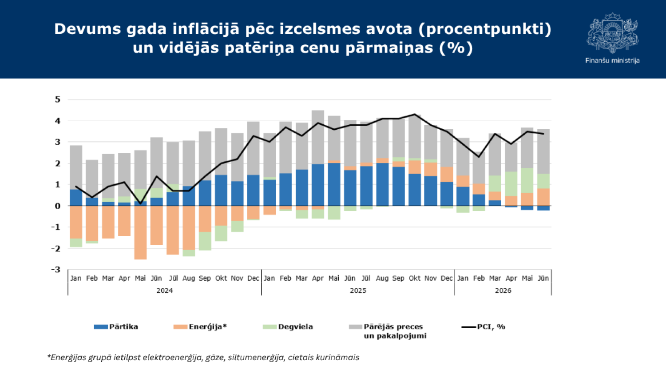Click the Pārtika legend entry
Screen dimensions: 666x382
point(116,326)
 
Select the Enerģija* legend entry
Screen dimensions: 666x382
point(200,326)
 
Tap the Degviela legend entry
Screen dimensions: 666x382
point(288,326)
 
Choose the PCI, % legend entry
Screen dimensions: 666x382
point(483,326)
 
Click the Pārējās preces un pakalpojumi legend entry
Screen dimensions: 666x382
point(388,331)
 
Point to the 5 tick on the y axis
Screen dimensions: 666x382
point(57,99)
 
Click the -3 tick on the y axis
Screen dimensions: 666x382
point(55,270)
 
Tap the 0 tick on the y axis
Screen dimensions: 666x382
point(57,206)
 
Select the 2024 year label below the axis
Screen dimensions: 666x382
point(164,290)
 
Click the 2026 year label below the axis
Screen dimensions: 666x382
point(503,290)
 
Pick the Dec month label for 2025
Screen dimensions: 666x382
point(447,278)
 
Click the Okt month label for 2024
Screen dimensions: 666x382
point(221,278)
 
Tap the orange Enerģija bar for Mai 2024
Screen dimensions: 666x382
point(140,233)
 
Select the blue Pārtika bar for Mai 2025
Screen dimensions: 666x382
point(334,184)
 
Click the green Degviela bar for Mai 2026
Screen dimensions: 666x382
point(527,180)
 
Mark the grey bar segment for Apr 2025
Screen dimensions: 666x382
point(318,137)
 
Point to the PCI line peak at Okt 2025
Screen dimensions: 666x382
point(414,114)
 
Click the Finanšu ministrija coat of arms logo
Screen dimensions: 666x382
point(612,33)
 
